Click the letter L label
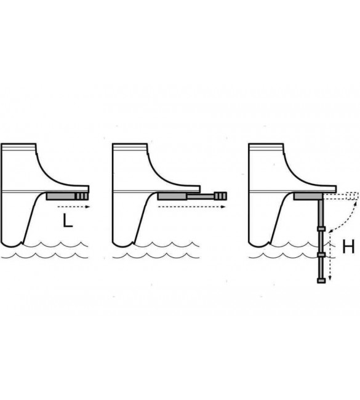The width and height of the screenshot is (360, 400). coord(68,221)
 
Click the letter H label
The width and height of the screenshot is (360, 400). coord(348,246)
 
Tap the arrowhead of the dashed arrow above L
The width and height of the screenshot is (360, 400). coord(87,207)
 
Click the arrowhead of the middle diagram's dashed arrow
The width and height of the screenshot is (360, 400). coord(223,207)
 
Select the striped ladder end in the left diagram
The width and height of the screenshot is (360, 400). coord(82,196)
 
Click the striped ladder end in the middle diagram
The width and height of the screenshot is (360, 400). coord(220,196)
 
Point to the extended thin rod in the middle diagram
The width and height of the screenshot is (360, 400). coord(201,196)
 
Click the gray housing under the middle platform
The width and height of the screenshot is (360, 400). coord(172,196)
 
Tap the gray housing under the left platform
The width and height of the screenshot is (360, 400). coord(62,196)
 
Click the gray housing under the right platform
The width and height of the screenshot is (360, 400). coord(308,196)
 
